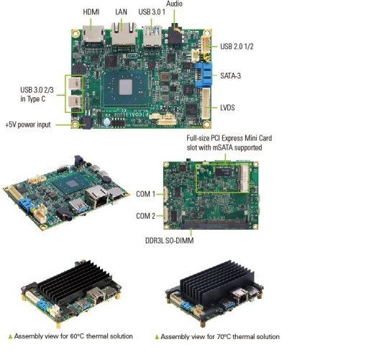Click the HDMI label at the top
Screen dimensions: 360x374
[x=91, y=12]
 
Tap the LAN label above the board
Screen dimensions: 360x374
[x=121, y=12]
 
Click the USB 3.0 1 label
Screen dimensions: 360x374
[x=152, y=12]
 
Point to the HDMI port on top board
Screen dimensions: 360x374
[x=92, y=34]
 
